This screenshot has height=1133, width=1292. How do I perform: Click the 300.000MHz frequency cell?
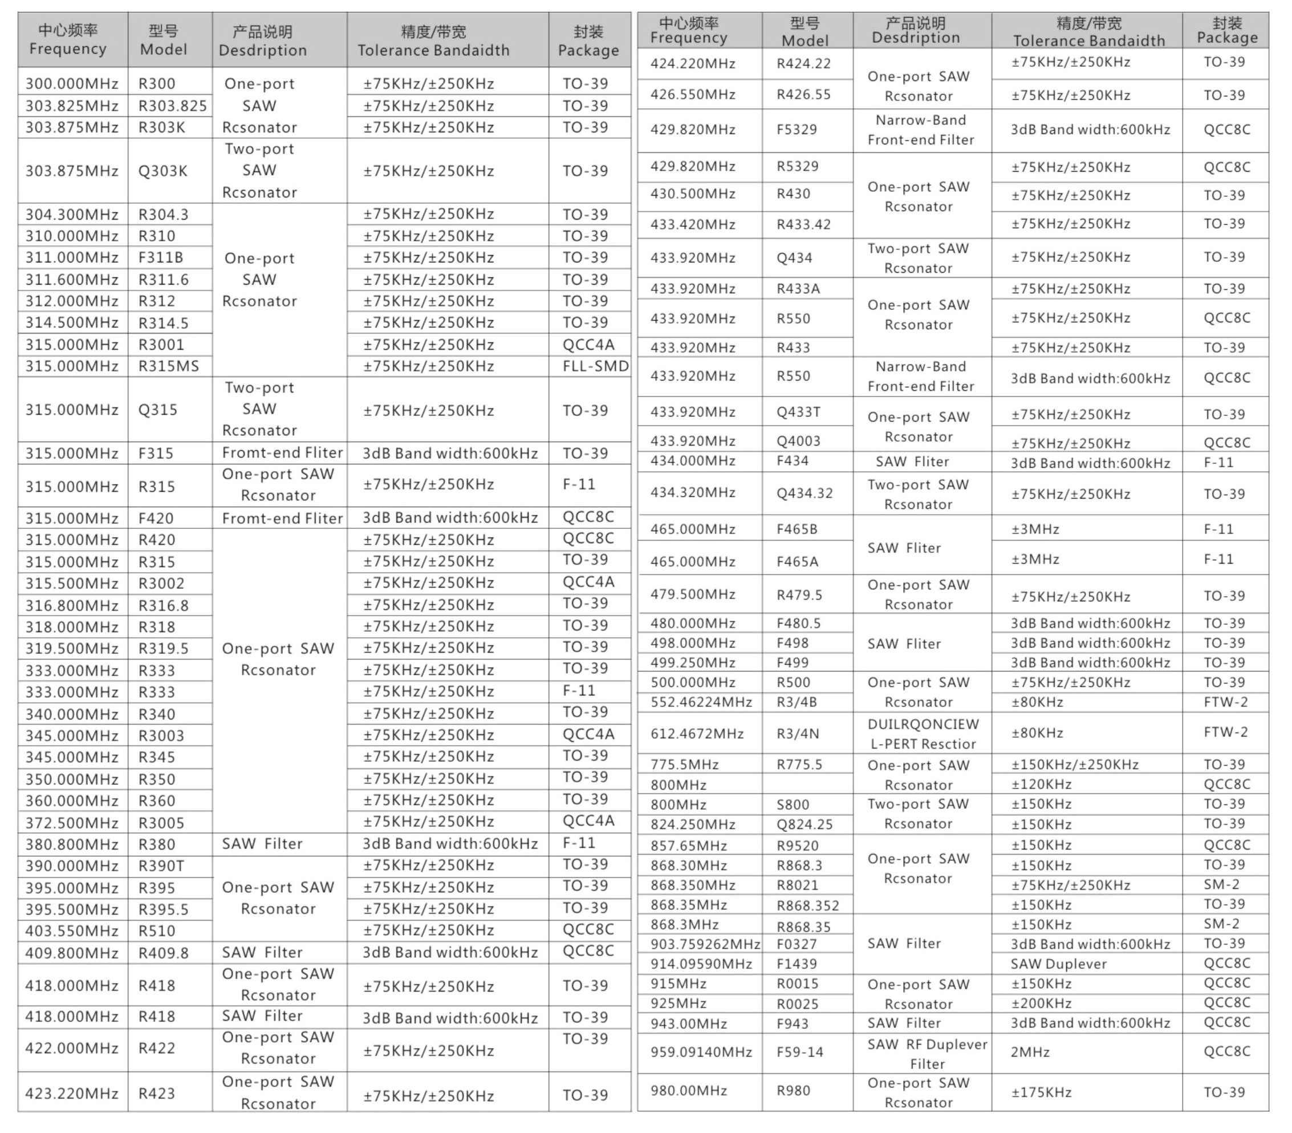pos(71,83)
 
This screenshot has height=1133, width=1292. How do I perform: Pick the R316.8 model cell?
pos(163,606)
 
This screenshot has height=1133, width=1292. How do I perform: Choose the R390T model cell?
pos(161,866)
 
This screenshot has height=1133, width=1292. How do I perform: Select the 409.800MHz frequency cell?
pos(71,953)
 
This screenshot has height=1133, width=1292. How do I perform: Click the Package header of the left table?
pos(588,41)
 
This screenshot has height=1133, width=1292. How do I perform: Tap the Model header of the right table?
pos(805,31)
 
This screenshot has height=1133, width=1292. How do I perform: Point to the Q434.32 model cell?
pos(805,493)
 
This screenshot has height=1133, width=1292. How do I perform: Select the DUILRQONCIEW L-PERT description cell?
pos(923,734)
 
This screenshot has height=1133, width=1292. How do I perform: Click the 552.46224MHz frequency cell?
pos(701,702)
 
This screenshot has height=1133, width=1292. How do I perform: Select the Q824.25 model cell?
pos(805,824)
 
